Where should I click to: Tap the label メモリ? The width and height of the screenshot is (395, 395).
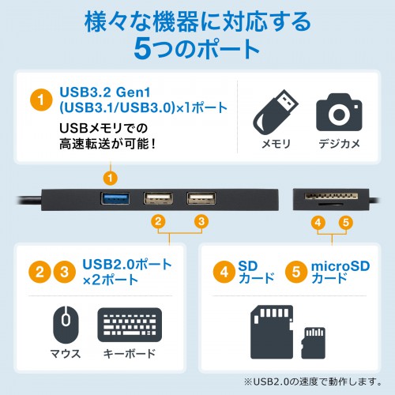276,145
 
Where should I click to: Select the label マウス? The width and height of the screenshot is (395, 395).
66,353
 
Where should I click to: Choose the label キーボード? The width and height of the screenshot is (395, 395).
128,353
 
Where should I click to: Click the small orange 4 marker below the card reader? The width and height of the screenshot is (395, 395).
317,223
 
